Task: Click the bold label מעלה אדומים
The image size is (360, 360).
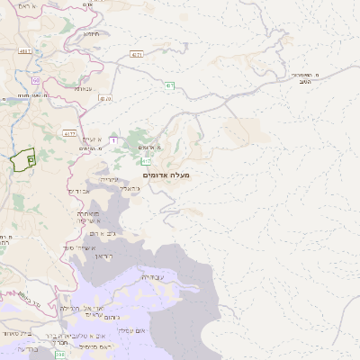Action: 166,175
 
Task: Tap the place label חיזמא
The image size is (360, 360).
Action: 91,33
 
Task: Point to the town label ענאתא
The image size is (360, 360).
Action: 83,88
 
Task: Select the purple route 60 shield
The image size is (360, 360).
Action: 37,81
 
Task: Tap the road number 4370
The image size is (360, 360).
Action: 105,98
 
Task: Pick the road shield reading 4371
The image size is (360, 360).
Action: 137,55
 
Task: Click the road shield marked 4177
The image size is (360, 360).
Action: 70,133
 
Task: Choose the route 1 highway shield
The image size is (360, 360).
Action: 114,139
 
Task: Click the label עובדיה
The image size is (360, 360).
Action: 152,278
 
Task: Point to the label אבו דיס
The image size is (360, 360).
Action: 78,191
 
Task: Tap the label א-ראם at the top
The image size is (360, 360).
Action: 27,6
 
